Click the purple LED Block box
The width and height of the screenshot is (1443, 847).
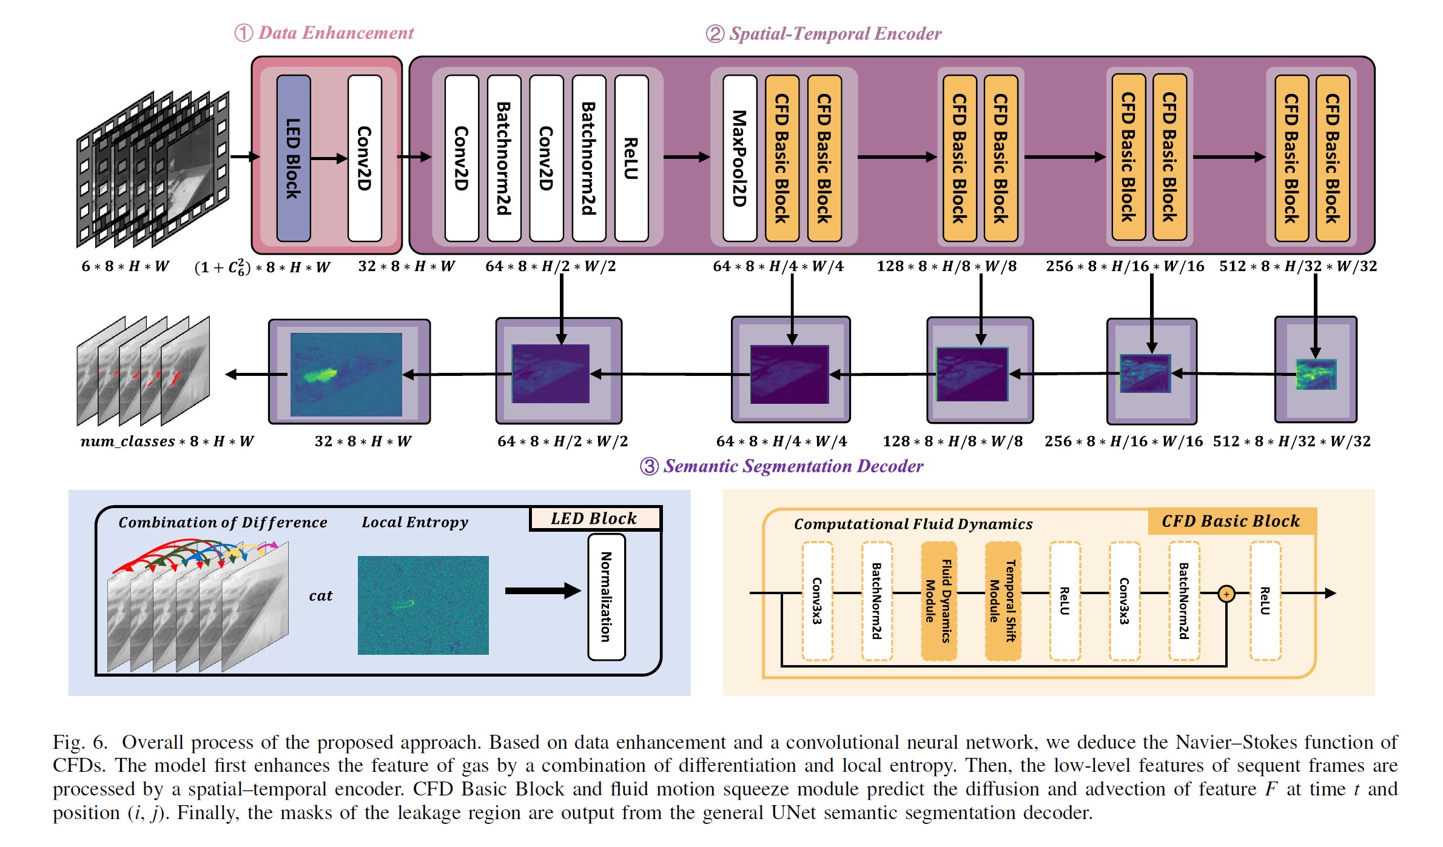(x=294, y=158)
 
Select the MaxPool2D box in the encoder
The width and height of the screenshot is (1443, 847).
(x=739, y=158)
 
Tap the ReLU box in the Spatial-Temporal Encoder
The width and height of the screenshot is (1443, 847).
(x=631, y=158)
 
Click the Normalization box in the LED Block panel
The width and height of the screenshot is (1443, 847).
(x=606, y=597)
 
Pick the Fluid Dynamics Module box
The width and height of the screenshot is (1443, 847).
(x=938, y=600)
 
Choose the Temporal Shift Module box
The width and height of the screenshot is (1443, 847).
(x=1003, y=600)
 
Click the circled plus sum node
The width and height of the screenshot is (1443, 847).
(x=1226, y=594)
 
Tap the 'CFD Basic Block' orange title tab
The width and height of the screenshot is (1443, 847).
(x=1231, y=521)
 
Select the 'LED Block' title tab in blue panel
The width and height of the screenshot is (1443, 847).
(x=594, y=518)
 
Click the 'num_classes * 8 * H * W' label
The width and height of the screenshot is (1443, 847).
(x=167, y=441)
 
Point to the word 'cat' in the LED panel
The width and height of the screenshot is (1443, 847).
(x=320, y=596)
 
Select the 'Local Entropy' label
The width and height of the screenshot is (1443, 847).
(x=415, y=522)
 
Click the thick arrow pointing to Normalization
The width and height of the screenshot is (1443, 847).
(x=542, y=591)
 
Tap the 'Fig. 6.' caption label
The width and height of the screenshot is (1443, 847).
(x=80, y=742)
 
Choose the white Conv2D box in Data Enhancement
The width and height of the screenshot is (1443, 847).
(x=365, y=158)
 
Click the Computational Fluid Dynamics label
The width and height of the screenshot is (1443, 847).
(x=913, y=524)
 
